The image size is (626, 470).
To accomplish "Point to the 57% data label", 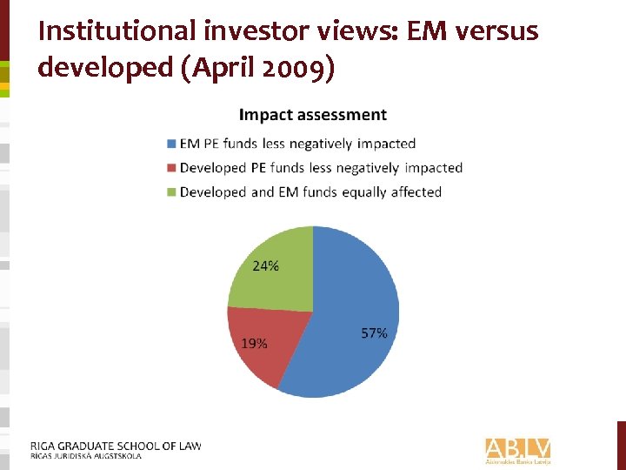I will (x=374, y=333).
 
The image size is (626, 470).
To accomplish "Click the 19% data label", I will (x=254, y=344).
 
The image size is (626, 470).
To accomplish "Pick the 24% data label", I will (x=266, y=266).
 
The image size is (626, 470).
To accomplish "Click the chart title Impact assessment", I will (x=313, y=115).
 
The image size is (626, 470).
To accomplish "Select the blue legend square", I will (x=172, y=144).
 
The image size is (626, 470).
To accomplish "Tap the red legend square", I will (x=172, y=168).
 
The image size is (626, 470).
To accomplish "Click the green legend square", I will (x=172, y=192).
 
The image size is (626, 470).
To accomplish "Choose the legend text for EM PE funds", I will (x=297, y=144).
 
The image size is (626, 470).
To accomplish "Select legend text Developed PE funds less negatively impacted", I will (x=321, y=168).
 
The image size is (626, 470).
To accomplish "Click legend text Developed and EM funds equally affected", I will (x=310, y=192).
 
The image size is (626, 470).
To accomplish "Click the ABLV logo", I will (x=518, y=449).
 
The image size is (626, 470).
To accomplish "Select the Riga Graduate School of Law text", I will (x=116, y=446).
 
